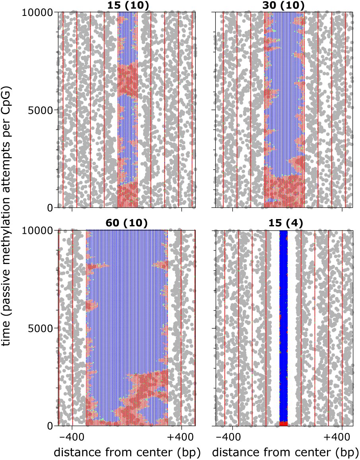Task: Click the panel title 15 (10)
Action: [127, 5]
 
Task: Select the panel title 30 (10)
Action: [284, 5]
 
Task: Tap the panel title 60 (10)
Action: [127, 223]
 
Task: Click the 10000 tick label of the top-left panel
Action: [38, 13]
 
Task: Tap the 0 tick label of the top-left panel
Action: [50, 208]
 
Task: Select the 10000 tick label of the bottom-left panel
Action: [38, 231]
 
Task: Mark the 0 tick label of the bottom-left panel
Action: [50, 426]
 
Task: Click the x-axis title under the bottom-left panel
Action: [127, 452]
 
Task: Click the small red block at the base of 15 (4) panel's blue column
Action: [283, 424]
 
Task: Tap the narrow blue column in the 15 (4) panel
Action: [283, 326]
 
